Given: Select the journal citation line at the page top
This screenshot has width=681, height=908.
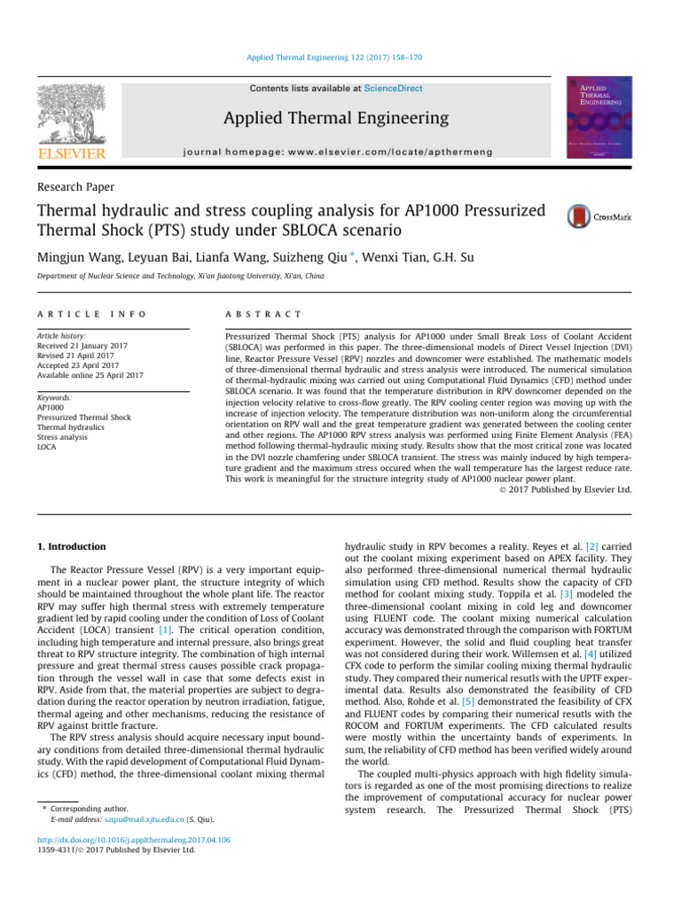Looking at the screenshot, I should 340,58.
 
